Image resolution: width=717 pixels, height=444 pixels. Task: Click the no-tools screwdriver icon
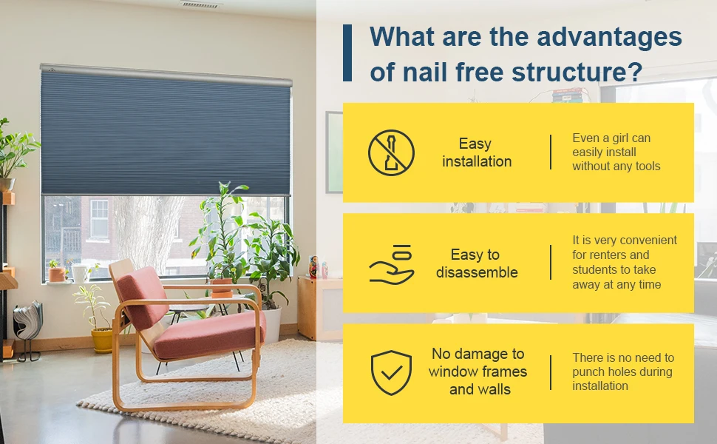(391, 152)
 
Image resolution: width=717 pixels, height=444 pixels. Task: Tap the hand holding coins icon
(391, 263)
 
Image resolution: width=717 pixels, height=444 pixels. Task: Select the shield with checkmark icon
(391, 372)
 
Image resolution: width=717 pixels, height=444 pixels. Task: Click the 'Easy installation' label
(476, 152)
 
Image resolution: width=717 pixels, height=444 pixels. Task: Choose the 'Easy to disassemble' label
(476, 263)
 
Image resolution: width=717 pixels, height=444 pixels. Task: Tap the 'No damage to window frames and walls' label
(478, 371)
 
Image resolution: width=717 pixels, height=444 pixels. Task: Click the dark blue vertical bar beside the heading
(347, 53)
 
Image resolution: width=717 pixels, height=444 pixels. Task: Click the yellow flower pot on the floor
(102, 340)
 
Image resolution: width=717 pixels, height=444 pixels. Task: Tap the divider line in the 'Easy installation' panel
(551, 152)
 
